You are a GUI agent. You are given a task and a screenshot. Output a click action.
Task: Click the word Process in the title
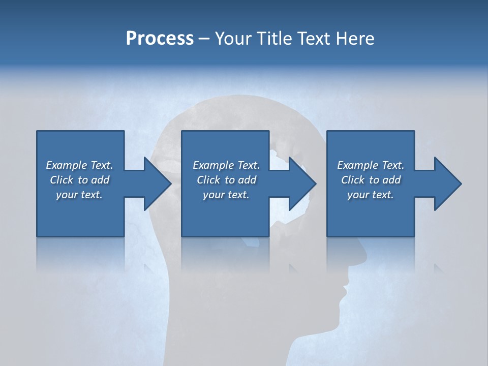point(160,39)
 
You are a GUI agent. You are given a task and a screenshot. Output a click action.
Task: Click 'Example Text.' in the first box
point(79,165)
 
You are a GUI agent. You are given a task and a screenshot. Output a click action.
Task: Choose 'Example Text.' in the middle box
point(226,165)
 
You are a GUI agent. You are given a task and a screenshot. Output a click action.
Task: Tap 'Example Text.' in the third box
point(371,165)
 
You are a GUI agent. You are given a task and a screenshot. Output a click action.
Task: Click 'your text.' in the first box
point(79,195)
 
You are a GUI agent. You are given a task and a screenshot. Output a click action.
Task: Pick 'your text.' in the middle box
point(226,195)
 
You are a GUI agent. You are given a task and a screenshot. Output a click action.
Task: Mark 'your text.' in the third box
point(371,195)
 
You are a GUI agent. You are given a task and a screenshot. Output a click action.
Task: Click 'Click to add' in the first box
point(79,180)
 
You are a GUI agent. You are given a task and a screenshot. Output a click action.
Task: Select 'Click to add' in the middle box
point(226,180)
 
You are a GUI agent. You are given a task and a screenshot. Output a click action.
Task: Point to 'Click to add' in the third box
point(371,180)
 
